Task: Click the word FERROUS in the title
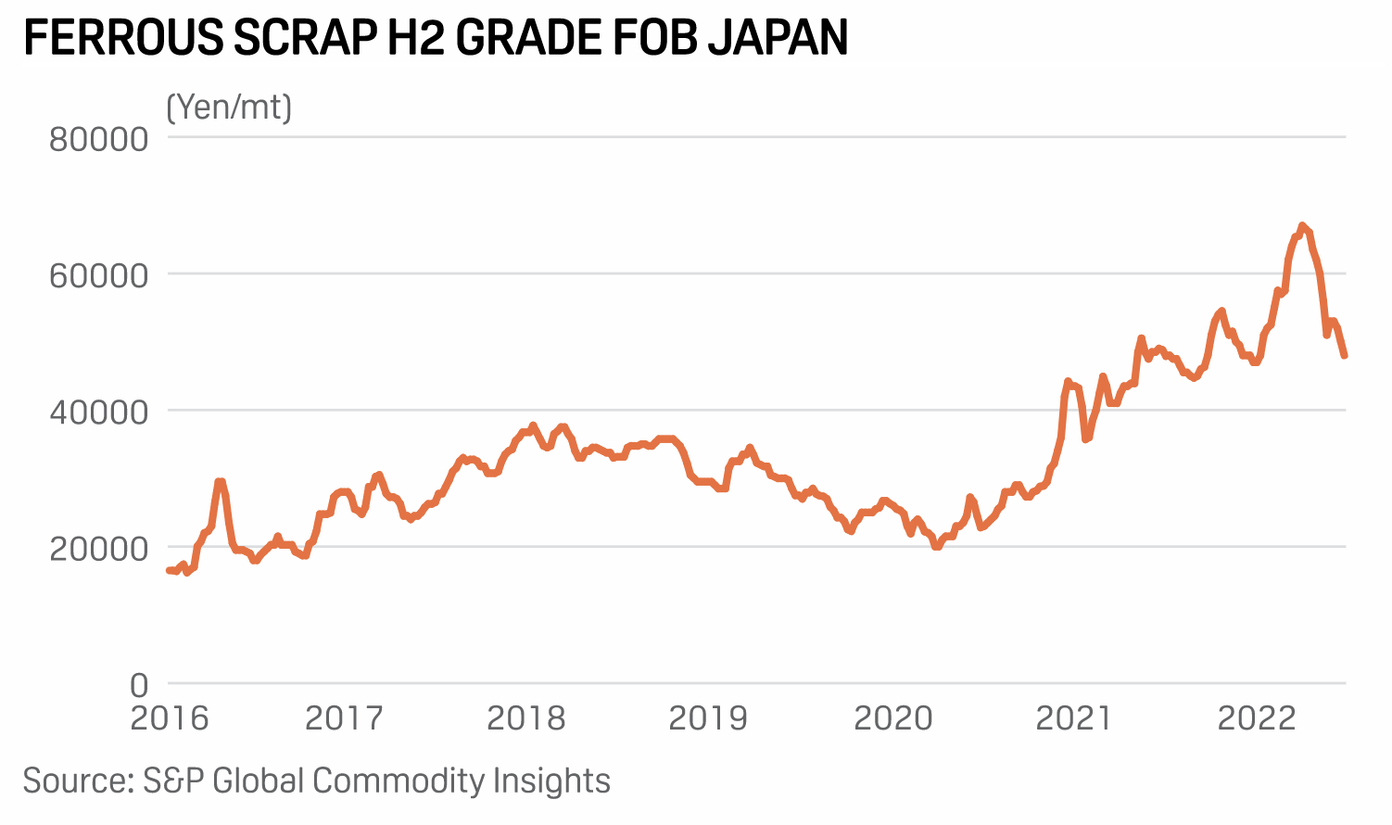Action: click(x=122, y=38)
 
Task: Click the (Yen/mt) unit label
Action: click(x=229, y=108)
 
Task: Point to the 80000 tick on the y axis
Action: click(x=98, y=140)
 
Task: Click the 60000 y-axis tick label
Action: click(x=98, y=276)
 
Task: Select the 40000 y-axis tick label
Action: click(x=98, y=412)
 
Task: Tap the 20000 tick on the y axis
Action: click(x=98, y=549)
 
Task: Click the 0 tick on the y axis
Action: click(x=139, y=685)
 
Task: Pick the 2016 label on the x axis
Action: click(x=170, y=718)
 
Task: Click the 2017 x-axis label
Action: click(x=344, y=718)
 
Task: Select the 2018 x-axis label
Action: click(x=525, y=718)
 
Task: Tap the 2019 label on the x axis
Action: click(x=708, y=718)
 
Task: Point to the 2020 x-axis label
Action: click(x=892, y=718)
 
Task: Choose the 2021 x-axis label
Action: click(x=1073, y=718)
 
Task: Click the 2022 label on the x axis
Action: click(x=1256, y=718)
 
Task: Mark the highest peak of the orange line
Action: click(x=1302, y=225)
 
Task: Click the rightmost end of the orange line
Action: click(x=1345, y=355)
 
